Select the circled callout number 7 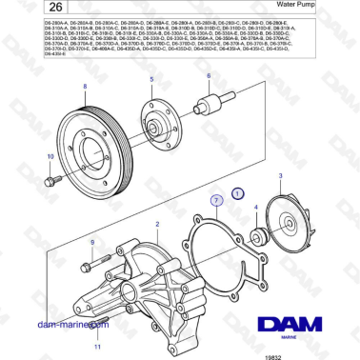click(217, 201)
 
